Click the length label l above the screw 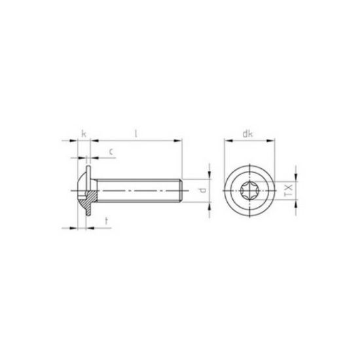point(135,134)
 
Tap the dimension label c point(111,152)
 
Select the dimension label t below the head point(107,221)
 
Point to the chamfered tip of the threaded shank point(179,190)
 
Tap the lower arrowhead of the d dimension point(209,205)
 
